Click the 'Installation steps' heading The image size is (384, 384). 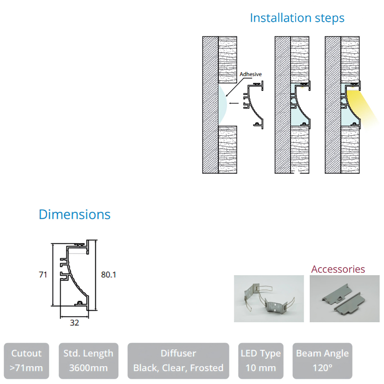pyautogui.click(x=297, y=18)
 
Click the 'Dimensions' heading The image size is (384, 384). pyautogui.click(x=74, y=214)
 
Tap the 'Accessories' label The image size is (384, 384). pyautogui.click(x=338, y=269)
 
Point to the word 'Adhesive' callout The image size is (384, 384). pyautogui.click(x=250, y=74)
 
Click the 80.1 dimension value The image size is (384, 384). pyautogui.click(x=108, y=275)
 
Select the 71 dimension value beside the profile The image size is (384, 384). pyautogui.click(x=43, y=275)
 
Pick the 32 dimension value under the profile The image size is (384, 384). pyautogui.click(x=74, y=323)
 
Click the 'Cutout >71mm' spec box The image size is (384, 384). pyautogui.click(x=26, y=361)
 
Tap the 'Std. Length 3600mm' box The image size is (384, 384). pyautogui.click(x=88, y=361)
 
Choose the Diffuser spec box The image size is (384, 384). pyautogui.click(x=178, y=361)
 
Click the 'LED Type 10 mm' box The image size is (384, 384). pyautogui.click(x=261, y=361)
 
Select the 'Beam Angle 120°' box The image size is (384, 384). pyautogui.click(x=322, y=361)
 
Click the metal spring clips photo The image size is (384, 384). pyautogui.click(x=269, y=299)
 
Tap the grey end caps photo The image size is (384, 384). pyautogui.click(x=344, y=299)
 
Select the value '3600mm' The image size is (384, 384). pyautogui.click(x=88, y=368)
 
